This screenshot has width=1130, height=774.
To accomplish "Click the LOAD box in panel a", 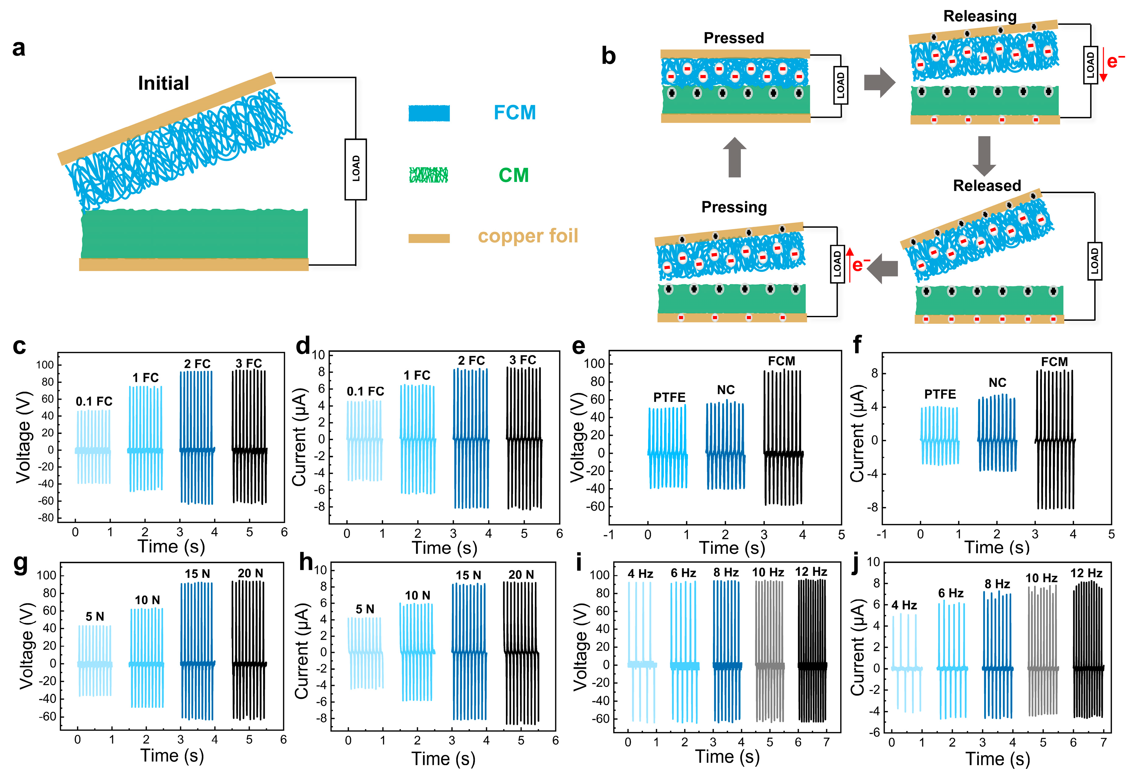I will [x=356, y=169].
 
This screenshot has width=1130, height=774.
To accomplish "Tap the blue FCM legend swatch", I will [x=429, y=113].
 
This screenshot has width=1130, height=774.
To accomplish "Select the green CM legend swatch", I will [x=428, y=175].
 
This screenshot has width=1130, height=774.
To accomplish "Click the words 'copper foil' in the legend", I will [x=528, y=236].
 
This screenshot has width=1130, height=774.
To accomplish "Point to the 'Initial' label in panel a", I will [x=163, y=83].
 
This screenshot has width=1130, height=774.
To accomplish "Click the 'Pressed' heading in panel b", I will [x=734, y=38].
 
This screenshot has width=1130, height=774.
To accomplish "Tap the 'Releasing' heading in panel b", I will [x=980, y=16].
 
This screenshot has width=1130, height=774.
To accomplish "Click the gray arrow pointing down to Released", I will [x=984, y=156].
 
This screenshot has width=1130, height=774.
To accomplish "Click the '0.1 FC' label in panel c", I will [x=94, y=401].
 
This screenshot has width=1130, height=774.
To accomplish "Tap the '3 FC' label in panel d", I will [x=523, y=360].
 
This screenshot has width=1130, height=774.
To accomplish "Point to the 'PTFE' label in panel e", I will [x=669, y=398].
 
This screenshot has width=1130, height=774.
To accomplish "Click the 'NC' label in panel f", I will [x=997, y=382].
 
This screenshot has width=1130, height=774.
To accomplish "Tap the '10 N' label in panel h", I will [x=418, y=595].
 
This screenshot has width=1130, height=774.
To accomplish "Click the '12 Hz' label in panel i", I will [x=811, y=572].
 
